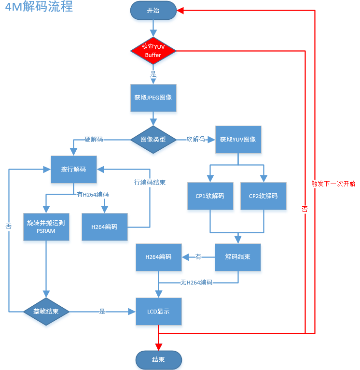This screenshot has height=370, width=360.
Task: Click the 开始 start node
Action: point(153,11)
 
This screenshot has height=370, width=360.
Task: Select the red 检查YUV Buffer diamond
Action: point(153,51)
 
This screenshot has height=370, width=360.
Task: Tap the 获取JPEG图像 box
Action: point(153,98)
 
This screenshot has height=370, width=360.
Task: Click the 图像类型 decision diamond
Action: point(153,140)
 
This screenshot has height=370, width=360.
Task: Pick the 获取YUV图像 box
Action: point(238,140)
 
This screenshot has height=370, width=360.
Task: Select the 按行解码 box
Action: point(74,170)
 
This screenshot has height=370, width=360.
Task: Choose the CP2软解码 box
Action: point(263,196)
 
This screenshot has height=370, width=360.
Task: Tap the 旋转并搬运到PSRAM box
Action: point(46,227)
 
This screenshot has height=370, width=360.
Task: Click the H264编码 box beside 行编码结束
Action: point(104,227)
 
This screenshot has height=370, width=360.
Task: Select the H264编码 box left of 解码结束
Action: point(159,257)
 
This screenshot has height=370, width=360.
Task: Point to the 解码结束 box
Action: point(238,257)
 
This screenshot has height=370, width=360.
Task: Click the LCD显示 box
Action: point(159,312)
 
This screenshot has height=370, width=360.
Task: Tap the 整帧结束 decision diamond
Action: point(46,312)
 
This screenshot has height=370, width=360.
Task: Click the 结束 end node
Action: point(159,360)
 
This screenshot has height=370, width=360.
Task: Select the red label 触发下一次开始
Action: point(333,184)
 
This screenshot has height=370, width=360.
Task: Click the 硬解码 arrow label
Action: point(94,140)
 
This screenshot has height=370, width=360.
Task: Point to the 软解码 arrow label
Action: point(196,140)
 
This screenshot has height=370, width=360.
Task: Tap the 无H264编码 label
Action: point(196,282)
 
